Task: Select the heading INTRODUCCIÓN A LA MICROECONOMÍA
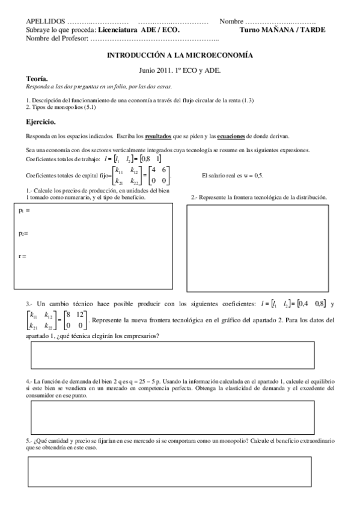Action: click(x=180, y=55)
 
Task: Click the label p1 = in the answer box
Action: click(x=25, y=210)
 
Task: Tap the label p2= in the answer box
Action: click(x=24, y=233)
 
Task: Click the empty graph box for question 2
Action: click(x=259, y=247)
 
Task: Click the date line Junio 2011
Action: click(x=180, y=70)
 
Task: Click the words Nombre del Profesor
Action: click(x=57, y=38)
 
